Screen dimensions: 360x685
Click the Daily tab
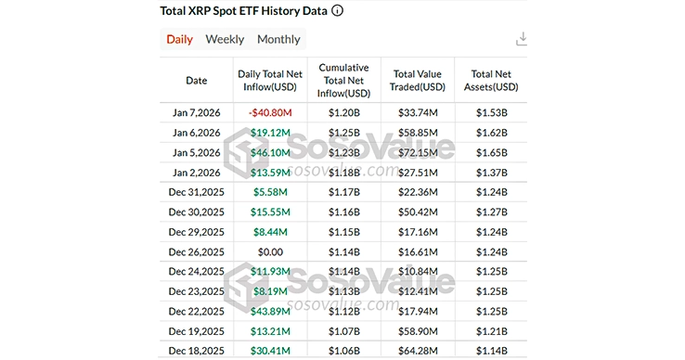pos(179,39)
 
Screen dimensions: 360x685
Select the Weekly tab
pos(225,39)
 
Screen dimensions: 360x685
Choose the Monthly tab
pos(278,39)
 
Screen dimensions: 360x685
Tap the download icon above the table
pos(522,39)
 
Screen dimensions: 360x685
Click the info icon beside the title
pos(337,11)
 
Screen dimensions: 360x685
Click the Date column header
pos(196,81)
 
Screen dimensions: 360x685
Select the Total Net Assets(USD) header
pos(491,81)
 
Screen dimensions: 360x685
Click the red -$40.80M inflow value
pos(269,113)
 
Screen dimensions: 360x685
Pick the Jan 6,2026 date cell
pos(196,133)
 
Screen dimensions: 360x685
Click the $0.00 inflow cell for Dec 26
pos(269,251)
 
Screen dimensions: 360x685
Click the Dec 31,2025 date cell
pos(196,192)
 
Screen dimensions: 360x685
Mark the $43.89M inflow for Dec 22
pos(269,311)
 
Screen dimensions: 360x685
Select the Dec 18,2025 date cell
pos(196,351)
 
